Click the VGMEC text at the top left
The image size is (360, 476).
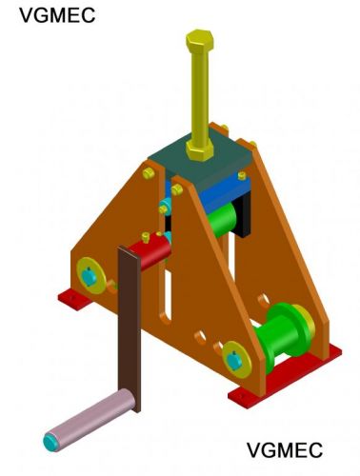tap(57, 15)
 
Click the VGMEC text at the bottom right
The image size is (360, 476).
tap(285, 449)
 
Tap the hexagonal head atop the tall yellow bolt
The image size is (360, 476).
tap(200, 42)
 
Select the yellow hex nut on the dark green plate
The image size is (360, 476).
tap(200, 149)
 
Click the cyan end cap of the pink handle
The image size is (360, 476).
tap(50, 442)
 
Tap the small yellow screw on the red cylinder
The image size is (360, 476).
tap(146, 237)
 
